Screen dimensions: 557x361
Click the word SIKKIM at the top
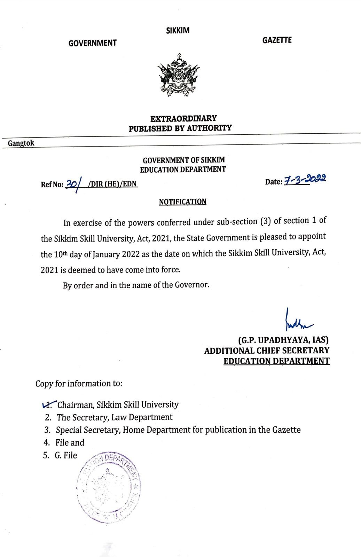coord(178,30)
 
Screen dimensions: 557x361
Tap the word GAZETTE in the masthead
coord(277,40)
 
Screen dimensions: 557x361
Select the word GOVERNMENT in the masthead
coord(92,43)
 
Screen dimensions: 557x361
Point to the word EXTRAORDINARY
coord(183,118)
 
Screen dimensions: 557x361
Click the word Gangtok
coord(21,143)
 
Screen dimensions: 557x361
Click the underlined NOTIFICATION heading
coord(182,202)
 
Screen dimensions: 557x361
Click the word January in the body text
coord(107,254)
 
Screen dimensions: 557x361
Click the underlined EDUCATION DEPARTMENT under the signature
coord(276,361)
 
